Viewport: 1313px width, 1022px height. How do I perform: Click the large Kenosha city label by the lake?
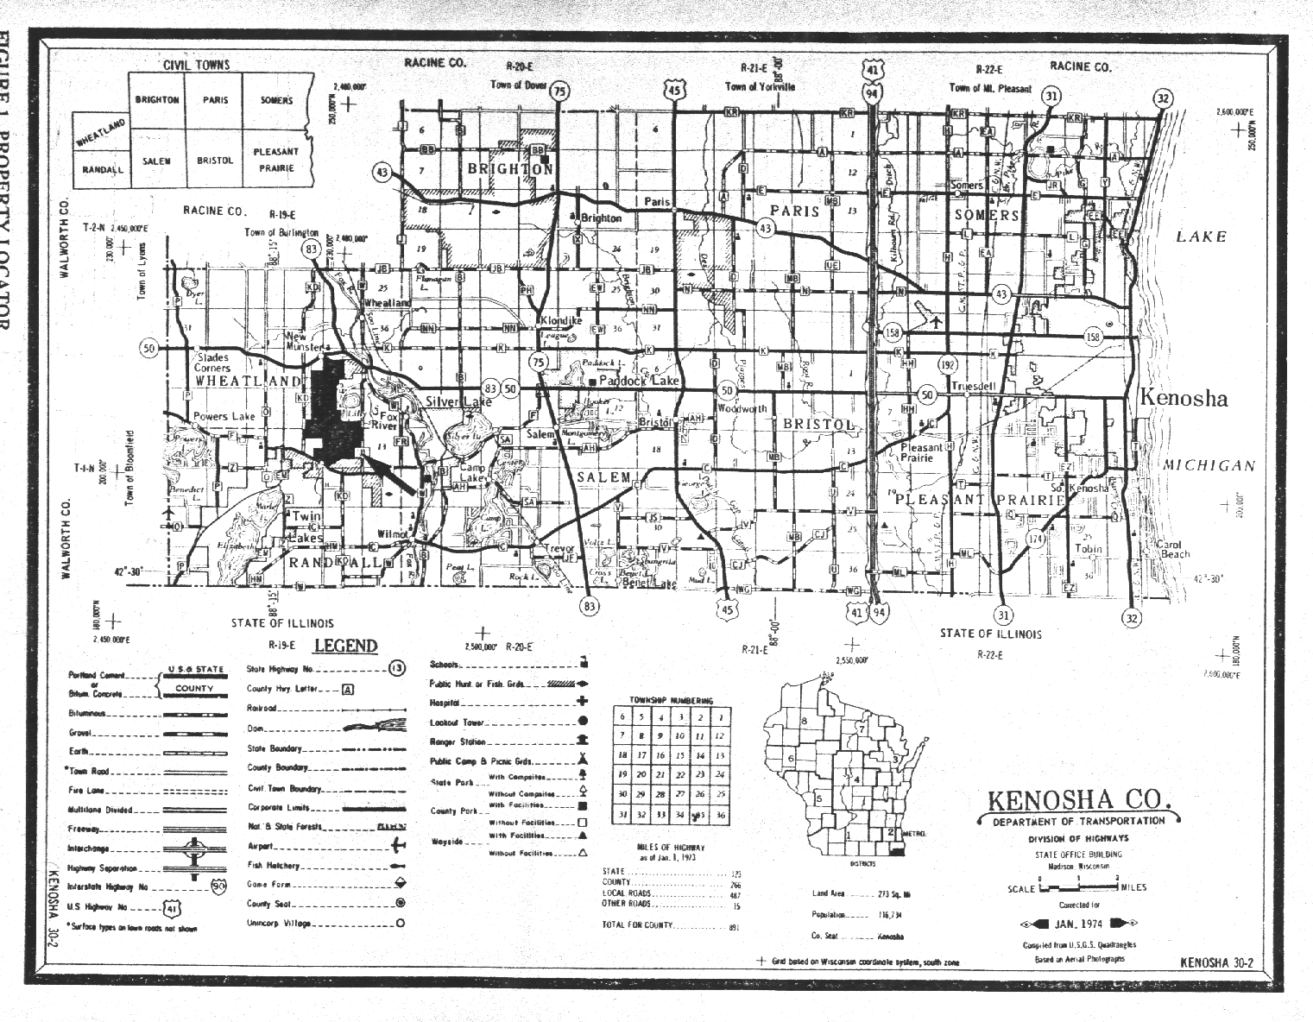pyautogui.click(x=1184, y=398)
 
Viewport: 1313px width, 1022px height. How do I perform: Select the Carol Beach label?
pyautogui.click(x=1173, y=550)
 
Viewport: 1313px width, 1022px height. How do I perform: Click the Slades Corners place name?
pyautogui.click(x=212, y=363)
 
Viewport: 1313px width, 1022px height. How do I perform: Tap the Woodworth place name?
pyautogui.click(x=742, y=408)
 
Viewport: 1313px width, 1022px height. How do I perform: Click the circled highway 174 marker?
pyautogui.click(x=1037, y=539)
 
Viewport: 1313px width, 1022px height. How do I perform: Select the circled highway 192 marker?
pyautogui.click(x=950, y=363)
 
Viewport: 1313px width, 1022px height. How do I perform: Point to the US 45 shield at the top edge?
pyautogui.click(x=674, y=90)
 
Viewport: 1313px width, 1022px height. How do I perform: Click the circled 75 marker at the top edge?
pyautogui.click(x=560, y=92)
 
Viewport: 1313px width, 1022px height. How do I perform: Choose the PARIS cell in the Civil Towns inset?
pyautogui.click(x=215, y=100)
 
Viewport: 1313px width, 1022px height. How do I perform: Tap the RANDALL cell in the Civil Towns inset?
pyautogui.click(x=103, y=170)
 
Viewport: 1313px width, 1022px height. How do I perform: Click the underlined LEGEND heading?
pyautogui.click(x=345, y=646)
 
